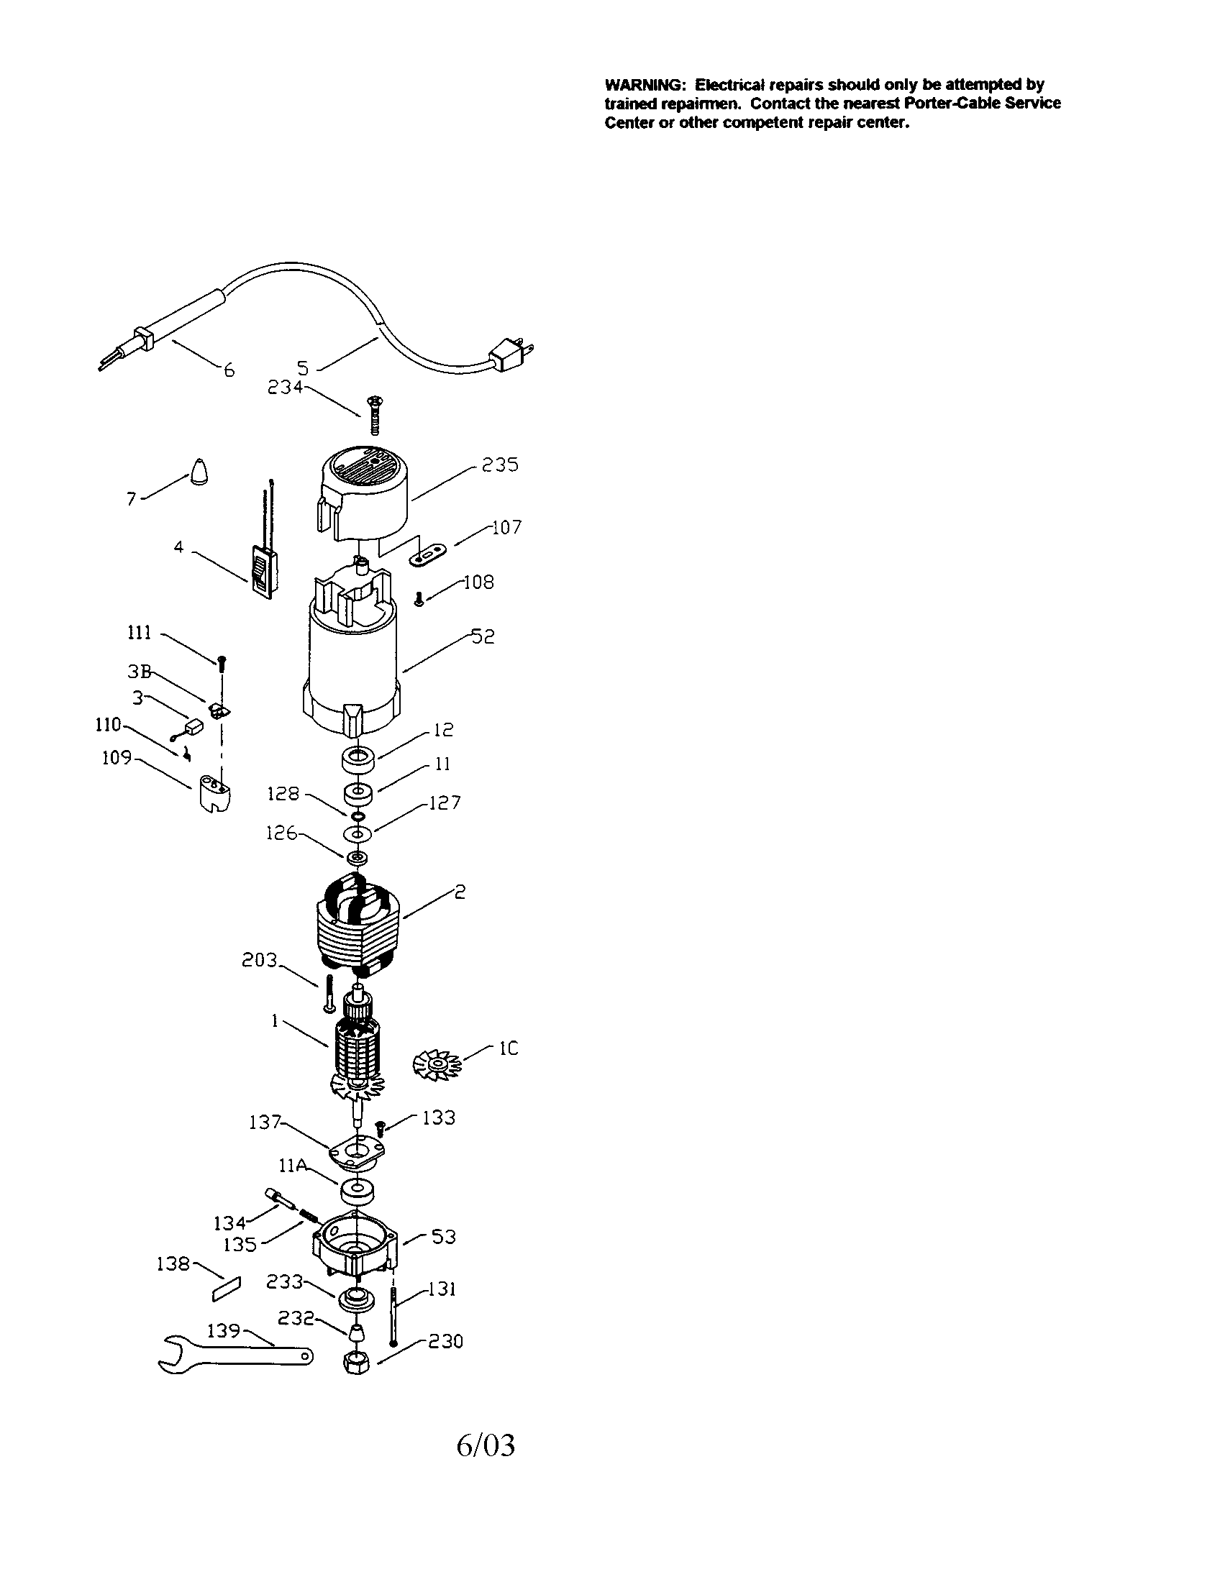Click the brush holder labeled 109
(214, 795)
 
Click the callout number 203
(260, 960)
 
